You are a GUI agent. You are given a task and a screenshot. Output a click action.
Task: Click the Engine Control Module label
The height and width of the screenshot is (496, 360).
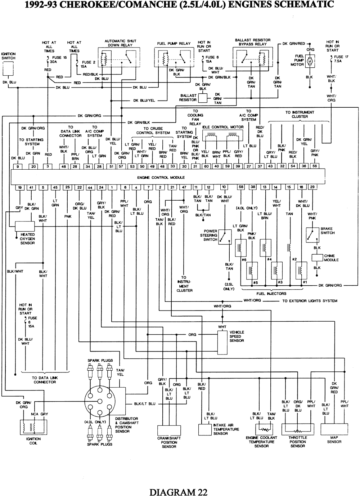click(x=161, y=178)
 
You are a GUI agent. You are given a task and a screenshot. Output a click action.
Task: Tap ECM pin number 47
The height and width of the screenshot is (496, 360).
click(x=184, y=187)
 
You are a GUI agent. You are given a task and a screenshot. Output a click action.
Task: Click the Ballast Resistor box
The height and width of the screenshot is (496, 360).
click(x=203, y=98)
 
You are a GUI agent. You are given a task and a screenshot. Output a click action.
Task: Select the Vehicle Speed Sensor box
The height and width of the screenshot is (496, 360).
click(x=222, y=341)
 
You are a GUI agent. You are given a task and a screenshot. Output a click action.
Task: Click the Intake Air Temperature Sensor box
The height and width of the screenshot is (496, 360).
click(x=206, y=430)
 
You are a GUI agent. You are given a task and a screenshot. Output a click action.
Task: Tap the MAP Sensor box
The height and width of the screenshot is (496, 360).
click(x=334, y=429)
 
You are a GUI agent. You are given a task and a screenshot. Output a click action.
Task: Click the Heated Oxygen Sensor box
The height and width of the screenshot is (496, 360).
click(x=25, y=227)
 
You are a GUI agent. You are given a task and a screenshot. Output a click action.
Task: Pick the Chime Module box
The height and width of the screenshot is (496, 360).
click(x=317, y=258)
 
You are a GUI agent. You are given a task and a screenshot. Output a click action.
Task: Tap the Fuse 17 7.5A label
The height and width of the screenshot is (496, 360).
click(x=341, y=59)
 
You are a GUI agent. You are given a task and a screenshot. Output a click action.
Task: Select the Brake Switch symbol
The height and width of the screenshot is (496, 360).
click(x=312, y=234)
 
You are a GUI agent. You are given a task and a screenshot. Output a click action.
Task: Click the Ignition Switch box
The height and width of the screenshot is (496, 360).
click(x=8, y=69)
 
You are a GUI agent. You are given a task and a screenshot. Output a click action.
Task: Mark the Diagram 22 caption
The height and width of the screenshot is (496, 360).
click(x=178, y=491)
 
